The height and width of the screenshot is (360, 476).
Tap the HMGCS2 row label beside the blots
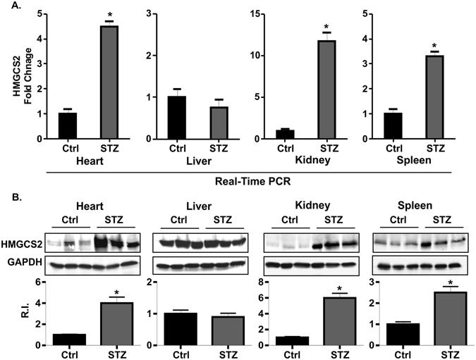(22, 243)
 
